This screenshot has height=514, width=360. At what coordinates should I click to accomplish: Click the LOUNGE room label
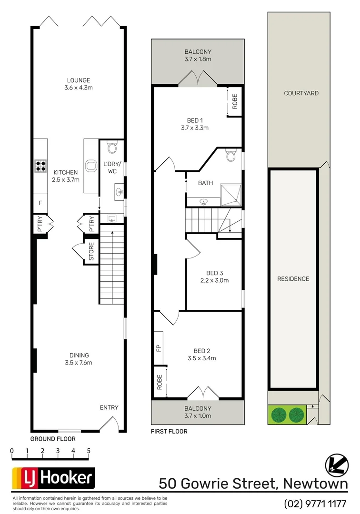pos(79,80)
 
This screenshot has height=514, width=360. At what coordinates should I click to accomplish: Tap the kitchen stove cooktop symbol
pos(40,166)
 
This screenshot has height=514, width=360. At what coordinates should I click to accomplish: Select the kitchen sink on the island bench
pos(90,166)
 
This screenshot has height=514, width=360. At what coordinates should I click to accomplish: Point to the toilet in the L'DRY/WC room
pos(112,148)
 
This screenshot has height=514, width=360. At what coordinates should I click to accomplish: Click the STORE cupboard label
pos(91,252)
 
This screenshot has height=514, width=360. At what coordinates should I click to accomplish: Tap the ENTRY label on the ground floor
pos(109,407)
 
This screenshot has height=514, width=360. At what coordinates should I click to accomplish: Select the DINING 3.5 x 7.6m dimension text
pos(79,363)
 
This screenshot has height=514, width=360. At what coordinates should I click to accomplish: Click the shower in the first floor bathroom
pos(230,194)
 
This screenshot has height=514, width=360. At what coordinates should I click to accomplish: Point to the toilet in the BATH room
pos(231,156)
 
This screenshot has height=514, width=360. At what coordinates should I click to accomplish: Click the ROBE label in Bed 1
pos(234,102)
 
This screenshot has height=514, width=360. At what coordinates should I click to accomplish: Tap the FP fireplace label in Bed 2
pos(159,348)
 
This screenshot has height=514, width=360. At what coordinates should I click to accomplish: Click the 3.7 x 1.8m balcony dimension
pos(198,59)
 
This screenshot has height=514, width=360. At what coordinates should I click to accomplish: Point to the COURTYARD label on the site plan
pos(301,93)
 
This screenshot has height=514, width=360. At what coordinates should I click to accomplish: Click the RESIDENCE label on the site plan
pos(293,279)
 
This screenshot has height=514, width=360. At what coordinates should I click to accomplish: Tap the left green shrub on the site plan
pos(278,415)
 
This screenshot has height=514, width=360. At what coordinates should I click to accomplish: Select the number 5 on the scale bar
pos(89,451)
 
